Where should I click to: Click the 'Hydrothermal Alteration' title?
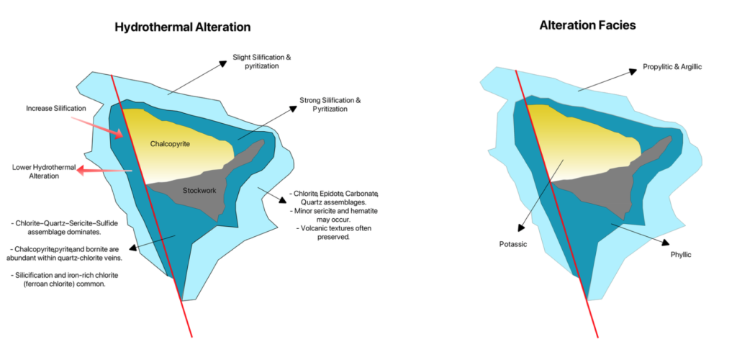coord(182,27)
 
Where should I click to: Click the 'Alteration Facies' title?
coord(587,24)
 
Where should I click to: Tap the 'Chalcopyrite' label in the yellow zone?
coord(170,144)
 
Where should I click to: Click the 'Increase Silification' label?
coord(56,108)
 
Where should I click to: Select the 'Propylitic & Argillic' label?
coord(672,67)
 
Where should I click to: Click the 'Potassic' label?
coord(513,244)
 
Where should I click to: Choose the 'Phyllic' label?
coord(679,254)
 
